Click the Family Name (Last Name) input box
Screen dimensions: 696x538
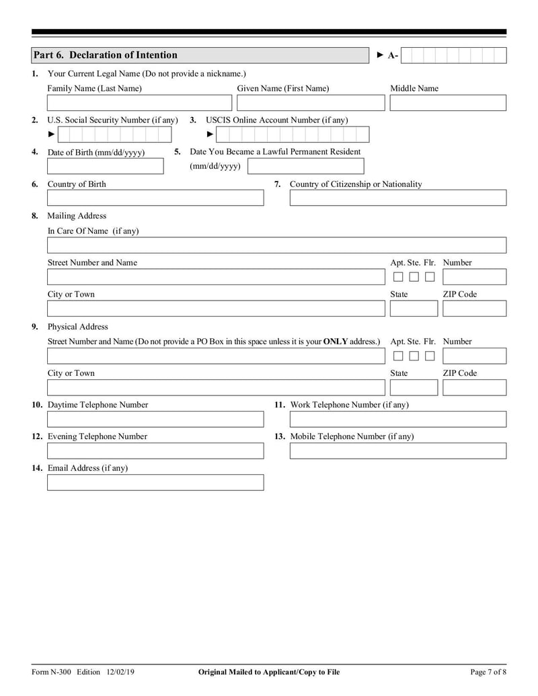coord(139,103)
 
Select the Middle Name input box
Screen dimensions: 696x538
coord(447,103)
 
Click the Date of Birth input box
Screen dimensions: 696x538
coord(105,166)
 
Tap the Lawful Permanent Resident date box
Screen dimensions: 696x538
coord(305,166)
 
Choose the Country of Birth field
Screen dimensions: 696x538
coord(155,198)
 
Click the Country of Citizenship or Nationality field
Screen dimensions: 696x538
coord(397,198)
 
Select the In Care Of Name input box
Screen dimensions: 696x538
coord(276,245)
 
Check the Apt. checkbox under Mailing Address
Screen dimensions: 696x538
coord(398,277)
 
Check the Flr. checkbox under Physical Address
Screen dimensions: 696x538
coord(429,356)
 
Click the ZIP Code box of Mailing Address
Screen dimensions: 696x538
coord(473,309)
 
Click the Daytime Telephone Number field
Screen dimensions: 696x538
coord(155,420)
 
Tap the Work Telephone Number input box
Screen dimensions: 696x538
coord(397,420)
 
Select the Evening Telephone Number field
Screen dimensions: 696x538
coord(155,451)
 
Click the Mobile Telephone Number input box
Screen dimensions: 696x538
coord(397,451)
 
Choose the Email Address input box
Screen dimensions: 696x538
coord(155,482)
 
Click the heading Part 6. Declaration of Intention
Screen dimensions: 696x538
coord(106,55)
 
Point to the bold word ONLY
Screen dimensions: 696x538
coord(335,342)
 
